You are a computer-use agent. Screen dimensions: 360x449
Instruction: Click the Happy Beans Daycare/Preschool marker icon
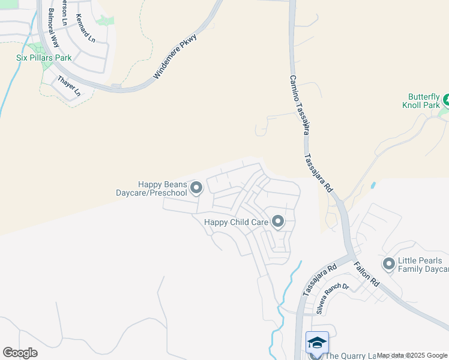pyautogui.click(x=196, y=189)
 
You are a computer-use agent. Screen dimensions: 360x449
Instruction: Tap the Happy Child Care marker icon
pyautogui.click(x=277, y=222)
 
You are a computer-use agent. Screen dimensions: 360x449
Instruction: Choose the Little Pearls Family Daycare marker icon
pyautogui.click(x=389, y=263)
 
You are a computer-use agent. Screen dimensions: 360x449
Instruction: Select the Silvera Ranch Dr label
pyautogui.click(x=333, y=298)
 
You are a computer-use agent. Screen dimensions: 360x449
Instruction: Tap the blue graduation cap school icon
pyautogui.click(x=316, y=343)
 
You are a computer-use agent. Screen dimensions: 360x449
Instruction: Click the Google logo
pyautogui.click(x=20, y=353)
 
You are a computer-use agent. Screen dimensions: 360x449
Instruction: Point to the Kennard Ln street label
pyautogui.click(x=86, y=29)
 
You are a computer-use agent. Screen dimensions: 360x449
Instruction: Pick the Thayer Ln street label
pyautogui.click(x=68, y=86)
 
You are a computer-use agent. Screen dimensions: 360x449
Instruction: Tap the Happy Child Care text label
pyautogui.click(x=236, y=222)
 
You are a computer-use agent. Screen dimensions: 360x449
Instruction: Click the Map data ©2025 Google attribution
pyautogui.click(x=412, y=356)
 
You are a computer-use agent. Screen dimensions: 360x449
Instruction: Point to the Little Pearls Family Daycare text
pyautogui.click(x=423, y=265)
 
